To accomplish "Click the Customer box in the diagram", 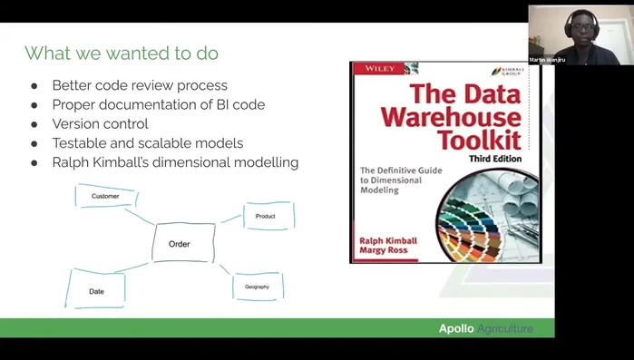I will (x=106, y=196).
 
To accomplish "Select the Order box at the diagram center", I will (x=180, y=243).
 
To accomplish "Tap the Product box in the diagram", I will (x=267, y=216).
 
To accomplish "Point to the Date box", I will (x=96, y=290).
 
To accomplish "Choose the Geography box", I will (x=258, y=287).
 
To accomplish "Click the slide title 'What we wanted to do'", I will (x=121, y=54).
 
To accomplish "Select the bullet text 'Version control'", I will (x=100, y=123).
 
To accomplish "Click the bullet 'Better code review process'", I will (x=140, y=85).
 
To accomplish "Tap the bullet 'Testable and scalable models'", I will (x=147, y=143).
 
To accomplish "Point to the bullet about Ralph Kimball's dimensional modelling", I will (x=175, y=162).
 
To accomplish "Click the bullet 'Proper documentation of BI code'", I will (x=158, y=104).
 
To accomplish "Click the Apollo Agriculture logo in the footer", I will (x=485, y=328).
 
